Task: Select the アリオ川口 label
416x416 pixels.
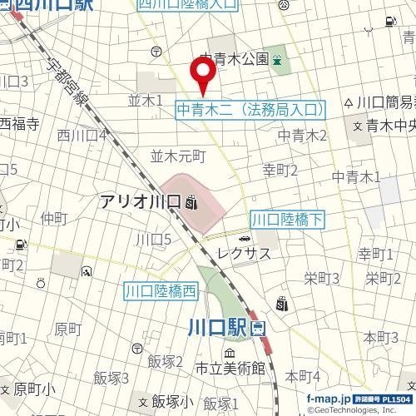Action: click(x=141, y=201)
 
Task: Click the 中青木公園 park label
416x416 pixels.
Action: click(x=235, y=59)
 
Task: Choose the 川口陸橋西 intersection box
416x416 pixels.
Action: click(x=161, y=291)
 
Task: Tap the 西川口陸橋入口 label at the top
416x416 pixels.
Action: click(x=188, y=6)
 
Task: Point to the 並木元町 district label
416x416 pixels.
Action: click(x=177, y=156)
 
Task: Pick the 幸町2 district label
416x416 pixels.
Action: click(x=280, y=170)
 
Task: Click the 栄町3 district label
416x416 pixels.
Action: click(x=322, y=277)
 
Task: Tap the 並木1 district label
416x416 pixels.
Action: click(x=145, y=100)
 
